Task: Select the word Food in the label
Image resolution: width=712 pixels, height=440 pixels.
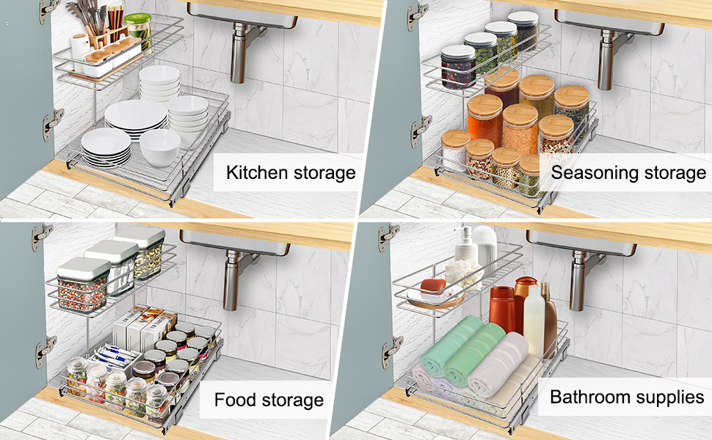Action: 234,400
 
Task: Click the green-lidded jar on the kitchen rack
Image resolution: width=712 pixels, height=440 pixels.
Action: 137,32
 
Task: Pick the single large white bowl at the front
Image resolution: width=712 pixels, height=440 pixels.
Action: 160,147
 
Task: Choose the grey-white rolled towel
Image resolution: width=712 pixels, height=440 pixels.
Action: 499,364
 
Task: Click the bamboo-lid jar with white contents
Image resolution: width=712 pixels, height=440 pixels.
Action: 455,151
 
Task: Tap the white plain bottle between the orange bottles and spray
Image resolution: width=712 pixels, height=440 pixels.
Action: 534,323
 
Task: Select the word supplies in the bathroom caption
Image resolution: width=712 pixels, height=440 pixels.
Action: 666,398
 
